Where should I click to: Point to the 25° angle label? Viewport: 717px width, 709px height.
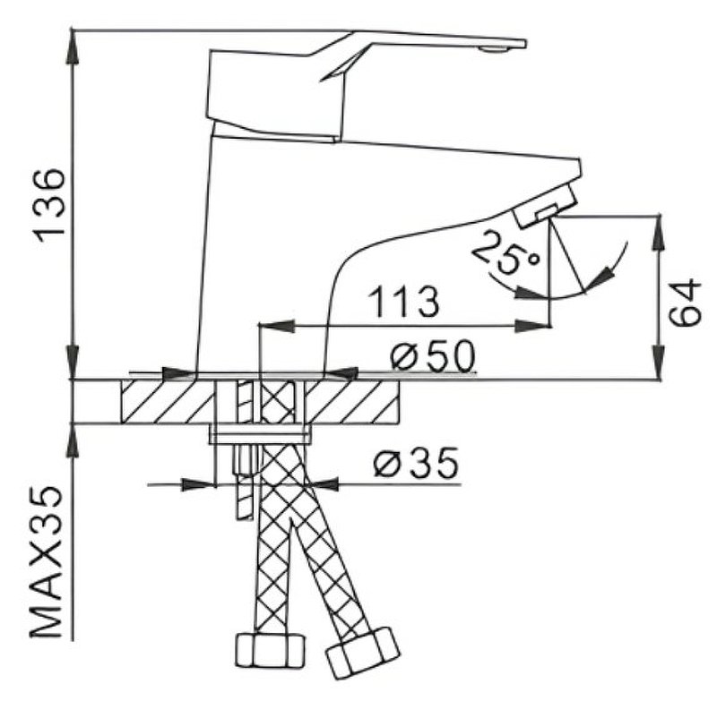coord(503,252)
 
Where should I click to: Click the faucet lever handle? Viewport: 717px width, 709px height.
coord(358,54)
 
